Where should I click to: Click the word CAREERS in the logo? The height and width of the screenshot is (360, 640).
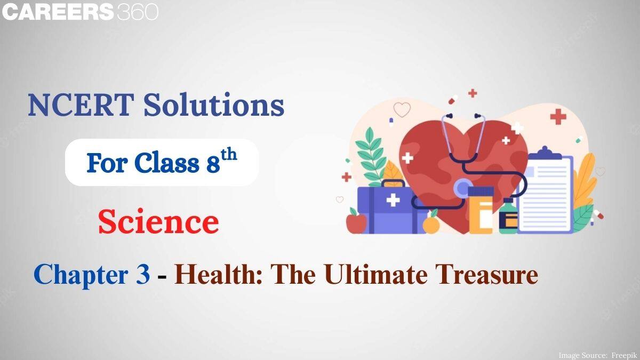58,12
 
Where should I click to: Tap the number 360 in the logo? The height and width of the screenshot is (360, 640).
138,12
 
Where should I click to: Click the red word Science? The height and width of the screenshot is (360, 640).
158,222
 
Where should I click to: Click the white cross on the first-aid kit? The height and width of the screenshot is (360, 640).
393,200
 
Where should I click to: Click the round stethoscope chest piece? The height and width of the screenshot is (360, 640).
462,188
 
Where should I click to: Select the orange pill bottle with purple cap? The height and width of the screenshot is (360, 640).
481,210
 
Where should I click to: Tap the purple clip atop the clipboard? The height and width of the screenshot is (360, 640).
544,153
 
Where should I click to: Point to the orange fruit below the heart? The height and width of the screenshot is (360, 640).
431,224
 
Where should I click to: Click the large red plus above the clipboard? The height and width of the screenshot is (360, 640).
558,116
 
